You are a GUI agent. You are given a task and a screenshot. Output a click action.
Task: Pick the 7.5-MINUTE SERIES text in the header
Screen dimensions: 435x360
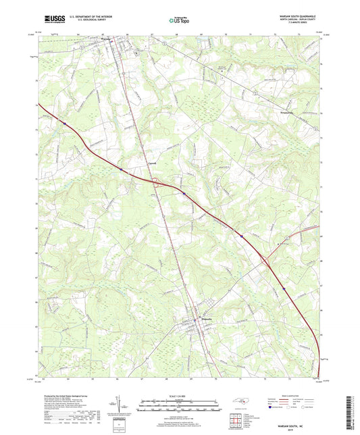303,26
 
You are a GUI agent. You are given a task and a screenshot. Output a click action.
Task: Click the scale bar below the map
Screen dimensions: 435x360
178,408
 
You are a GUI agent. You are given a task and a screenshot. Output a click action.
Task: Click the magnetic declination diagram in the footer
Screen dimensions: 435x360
120,407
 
